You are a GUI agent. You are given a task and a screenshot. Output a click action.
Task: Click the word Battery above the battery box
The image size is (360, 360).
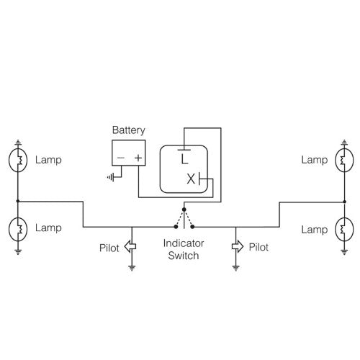tap(128, 130)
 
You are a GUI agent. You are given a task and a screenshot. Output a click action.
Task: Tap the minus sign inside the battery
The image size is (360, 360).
tap(120, 157)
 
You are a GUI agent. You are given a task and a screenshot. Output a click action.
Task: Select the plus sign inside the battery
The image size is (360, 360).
tap(138, 157)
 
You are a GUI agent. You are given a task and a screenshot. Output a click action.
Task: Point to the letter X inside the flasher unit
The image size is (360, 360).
tap(191, 179)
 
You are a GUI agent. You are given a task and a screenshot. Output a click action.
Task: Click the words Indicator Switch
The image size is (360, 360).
tap(179, 250)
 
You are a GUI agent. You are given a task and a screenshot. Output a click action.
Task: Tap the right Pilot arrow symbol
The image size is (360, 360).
tap(236, 247)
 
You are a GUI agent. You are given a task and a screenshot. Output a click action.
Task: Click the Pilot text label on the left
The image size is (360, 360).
tap(110, 248)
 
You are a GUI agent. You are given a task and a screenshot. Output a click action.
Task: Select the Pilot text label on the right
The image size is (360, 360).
tap(258, 247)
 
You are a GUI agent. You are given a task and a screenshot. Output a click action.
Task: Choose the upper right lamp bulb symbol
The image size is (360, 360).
tap(343, 159)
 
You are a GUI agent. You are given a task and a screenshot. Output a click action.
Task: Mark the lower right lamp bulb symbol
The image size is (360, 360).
tap(343, 230)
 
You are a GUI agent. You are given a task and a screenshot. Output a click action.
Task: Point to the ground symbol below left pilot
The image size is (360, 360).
tap(132, 268)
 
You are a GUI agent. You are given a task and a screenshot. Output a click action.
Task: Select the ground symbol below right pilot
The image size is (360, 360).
tap(236, 268)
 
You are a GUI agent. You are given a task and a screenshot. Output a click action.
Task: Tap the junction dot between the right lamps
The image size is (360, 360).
tap(343, 201)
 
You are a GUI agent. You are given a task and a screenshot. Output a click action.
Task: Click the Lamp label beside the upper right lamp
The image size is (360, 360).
tap(315, 159)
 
